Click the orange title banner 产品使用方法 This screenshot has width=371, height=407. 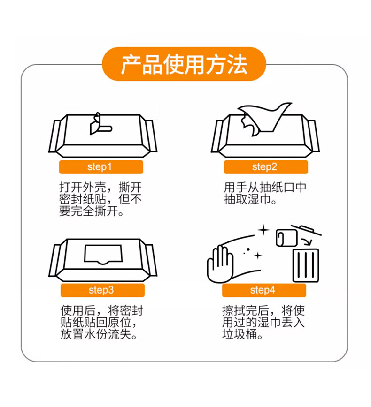point(184,64)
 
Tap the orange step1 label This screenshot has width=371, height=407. point(101,167)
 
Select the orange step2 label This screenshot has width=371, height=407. point(266,167)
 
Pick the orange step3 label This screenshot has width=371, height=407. point(102,290)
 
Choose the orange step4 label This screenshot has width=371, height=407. point(264,290)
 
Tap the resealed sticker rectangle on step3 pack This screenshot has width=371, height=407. point(103,254)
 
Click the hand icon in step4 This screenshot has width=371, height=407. point(220,265)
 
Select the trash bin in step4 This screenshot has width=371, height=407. point(306,265)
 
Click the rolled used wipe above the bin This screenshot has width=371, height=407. point(286,238)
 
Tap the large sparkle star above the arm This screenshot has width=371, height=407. point(263,230)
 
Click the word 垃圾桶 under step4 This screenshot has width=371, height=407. point(240,334)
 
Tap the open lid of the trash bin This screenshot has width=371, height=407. point(306,230)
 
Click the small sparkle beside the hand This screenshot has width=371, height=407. point(258,256)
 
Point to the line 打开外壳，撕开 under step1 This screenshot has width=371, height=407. point(100,187)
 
